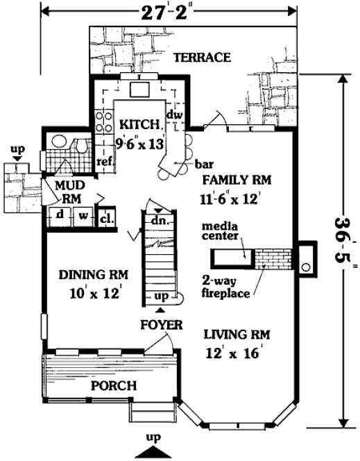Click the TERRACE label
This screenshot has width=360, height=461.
(201, 58)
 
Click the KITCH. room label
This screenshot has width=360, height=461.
(142, 124)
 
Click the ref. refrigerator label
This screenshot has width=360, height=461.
(104, 161)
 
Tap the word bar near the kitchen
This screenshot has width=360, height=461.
(203, 165)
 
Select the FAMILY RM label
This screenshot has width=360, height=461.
(236, 181)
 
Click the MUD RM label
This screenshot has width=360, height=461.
(69, 192)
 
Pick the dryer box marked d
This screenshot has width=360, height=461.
(60, 215)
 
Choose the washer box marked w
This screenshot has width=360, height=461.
(81, 215)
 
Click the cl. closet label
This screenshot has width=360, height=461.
(107, 216)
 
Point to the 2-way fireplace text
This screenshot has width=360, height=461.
(225, 287)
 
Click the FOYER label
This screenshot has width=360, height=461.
(161, 324)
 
